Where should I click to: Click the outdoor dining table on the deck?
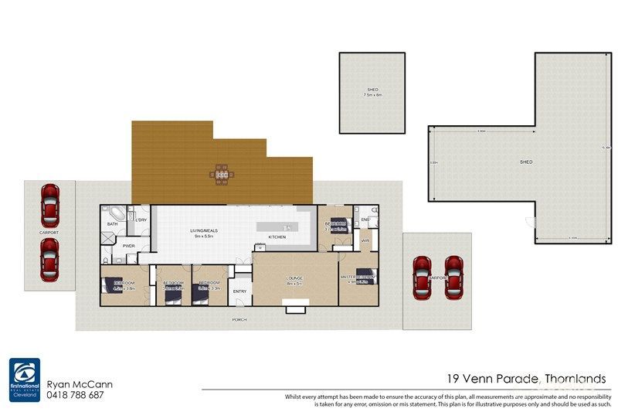[x=221, y=174]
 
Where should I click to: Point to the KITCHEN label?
[x=277, y=237]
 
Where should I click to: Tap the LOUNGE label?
[x=295, y=278]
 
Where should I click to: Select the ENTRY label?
[x=240, y=291]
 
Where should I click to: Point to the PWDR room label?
[x=129, y=247]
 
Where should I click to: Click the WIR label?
[x=365, y=242]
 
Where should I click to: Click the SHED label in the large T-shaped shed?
[x=525, y=162]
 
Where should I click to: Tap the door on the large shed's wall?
[x=529, y=222]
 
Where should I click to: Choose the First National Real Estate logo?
[x=25, y=379]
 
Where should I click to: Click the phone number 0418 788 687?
[x=76, y=395]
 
